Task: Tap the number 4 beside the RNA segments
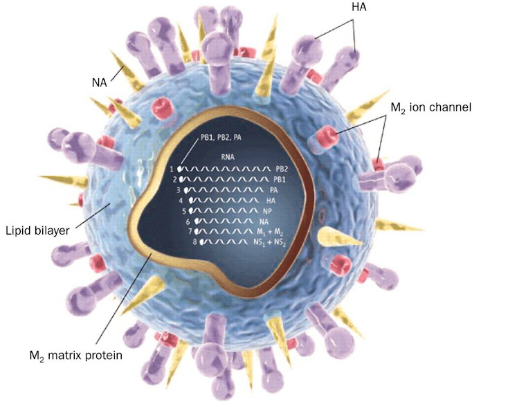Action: click(181, 200)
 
